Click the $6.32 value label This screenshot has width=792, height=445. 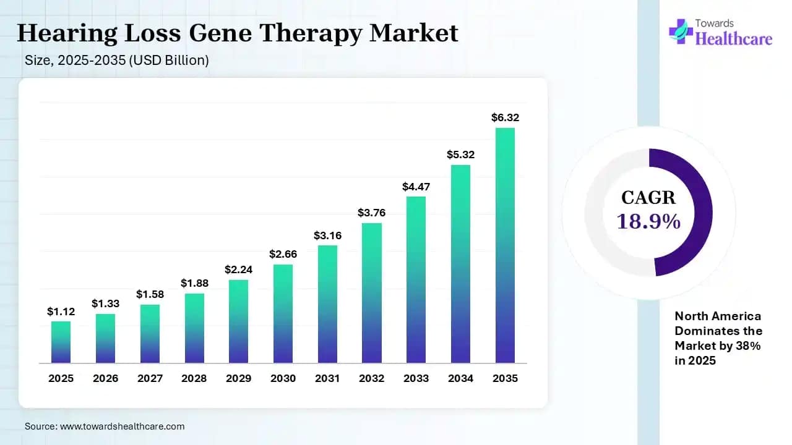pyautogui.click(x=504, y=117)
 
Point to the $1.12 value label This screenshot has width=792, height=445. pyautogui.click(x=61, y=312)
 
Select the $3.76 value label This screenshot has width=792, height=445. pyautogui.click(x=371, y=213)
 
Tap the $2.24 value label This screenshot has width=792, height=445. pyautogui.click(x=238, y=269)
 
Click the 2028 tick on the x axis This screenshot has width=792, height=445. pyautogui.click(x=194, y=378)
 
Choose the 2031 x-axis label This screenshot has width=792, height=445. pyautogui.click(x=327, y=378)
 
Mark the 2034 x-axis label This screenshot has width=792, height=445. pyautogui.click(x=460, y=378)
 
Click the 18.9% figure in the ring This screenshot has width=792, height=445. pyautogui.click(x=648, y=221)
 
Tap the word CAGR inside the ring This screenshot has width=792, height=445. pyautogui.click(x=648, y=198)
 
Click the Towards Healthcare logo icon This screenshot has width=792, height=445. pyautogui.click(x=681, y=31)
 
